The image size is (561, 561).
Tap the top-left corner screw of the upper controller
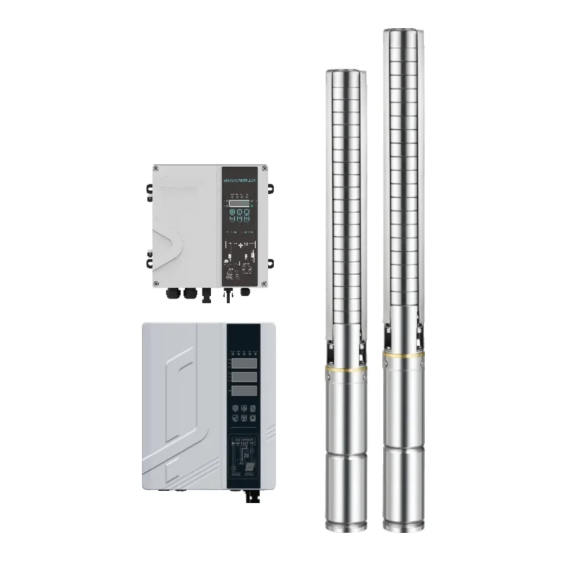pyautogui.click(x=156, y=168)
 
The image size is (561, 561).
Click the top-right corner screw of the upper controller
pyautogui.click(x=263, y=168)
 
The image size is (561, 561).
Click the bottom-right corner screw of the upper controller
pyautogui.click(x=263, y=283)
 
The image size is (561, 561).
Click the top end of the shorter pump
pyautogui.click(x=344, y=72)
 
